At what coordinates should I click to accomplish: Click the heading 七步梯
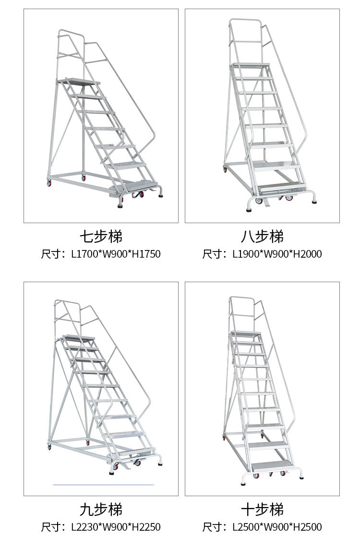click(x=101, y=236)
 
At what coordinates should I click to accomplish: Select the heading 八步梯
click(x=262, y=236)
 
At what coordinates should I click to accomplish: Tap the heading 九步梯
click(x=101, y=509)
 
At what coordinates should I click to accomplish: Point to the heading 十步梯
click(x=262, y=509)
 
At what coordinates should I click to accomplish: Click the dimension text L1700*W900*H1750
click(x=116, y=254)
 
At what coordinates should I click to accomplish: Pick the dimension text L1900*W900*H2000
click(x=277, y=254)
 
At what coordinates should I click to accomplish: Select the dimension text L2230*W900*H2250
click(x=116, y=527)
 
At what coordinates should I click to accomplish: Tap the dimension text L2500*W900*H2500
click(x=277, y=527)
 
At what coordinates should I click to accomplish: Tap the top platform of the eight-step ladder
click(x=251, y=64)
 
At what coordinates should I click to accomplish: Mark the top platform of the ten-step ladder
click(x=246, y=333)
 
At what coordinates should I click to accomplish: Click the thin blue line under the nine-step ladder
click(x=103, y=485)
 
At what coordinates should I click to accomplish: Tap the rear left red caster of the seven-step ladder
click(x=48, y=183)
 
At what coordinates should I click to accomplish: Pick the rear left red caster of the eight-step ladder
click(x=225, y=169)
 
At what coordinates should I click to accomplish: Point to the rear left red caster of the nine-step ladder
click(x=49, y=447)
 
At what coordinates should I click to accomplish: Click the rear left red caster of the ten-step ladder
click(x=224, y=437)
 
